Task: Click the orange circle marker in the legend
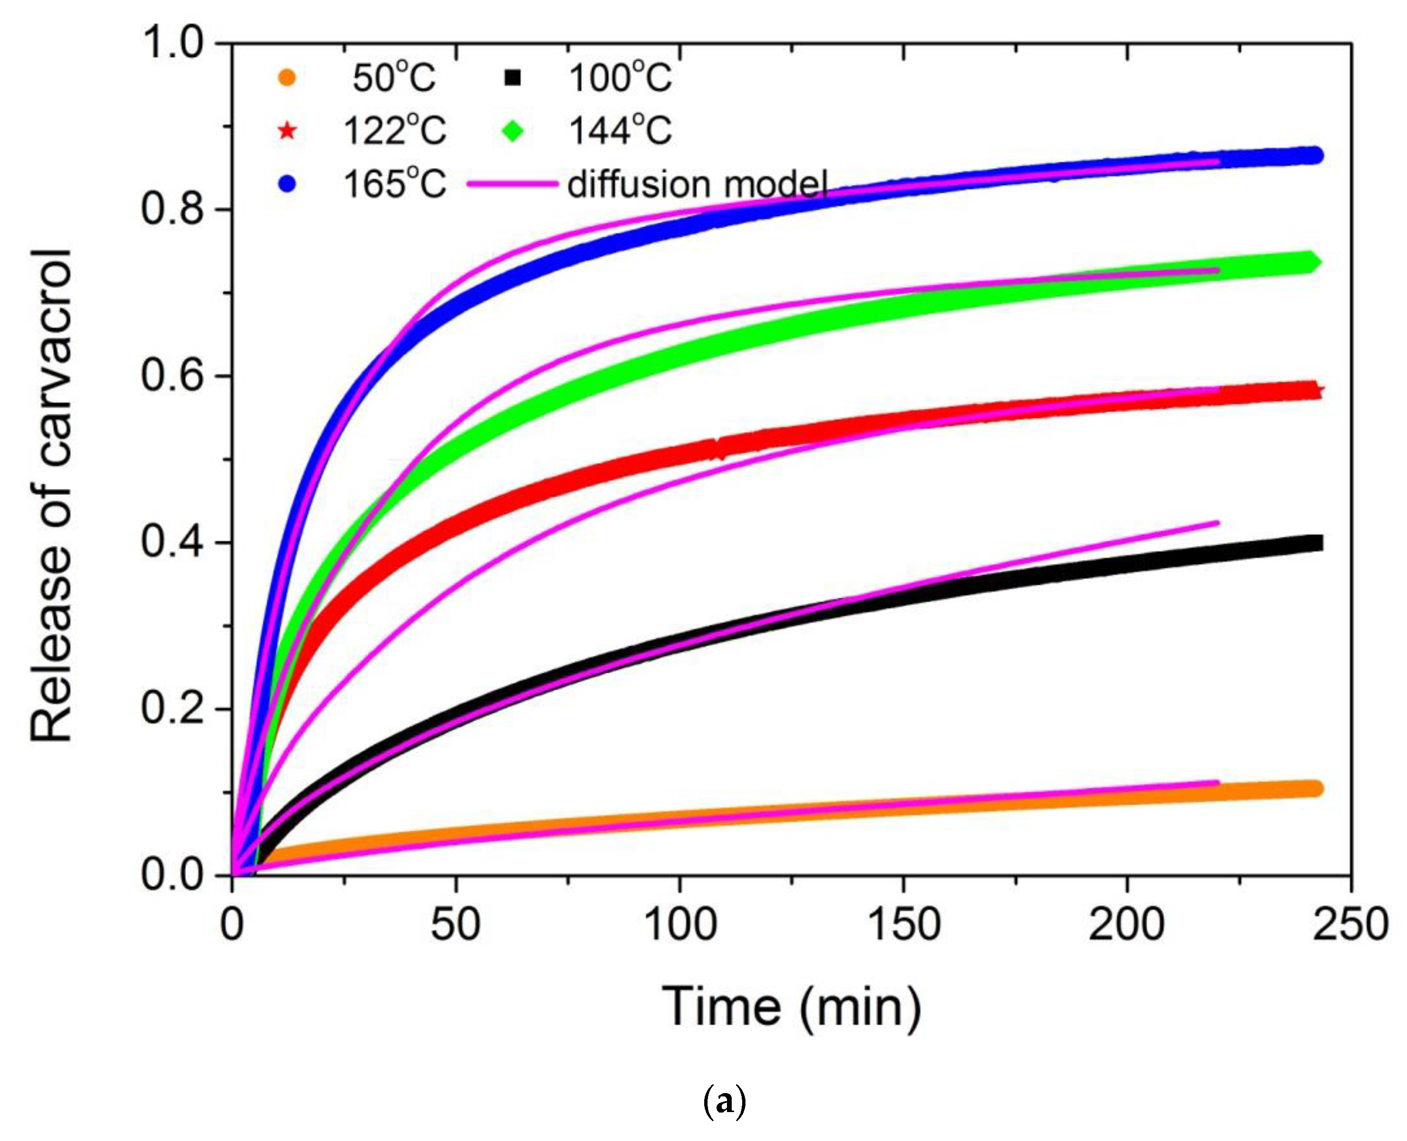coord(287,78)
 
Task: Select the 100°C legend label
coord(620,78)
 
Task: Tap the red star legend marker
coord(287,131)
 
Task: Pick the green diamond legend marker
coord(513,131)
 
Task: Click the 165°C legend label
coord(394,184)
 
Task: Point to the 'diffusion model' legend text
coord(697,184)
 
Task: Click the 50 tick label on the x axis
coord(455,925)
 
